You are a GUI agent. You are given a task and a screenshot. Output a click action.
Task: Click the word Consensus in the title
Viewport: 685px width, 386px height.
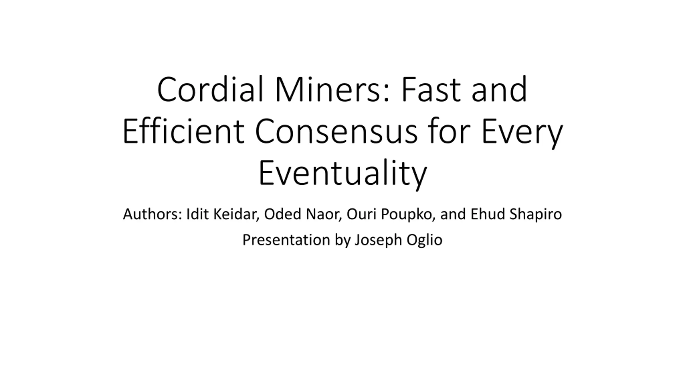[336, 132]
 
